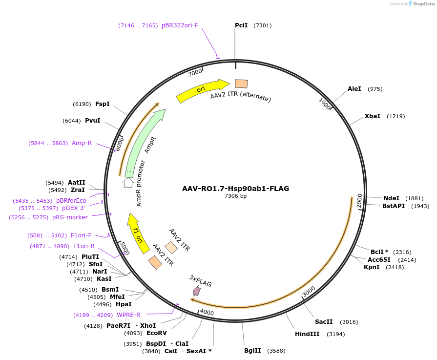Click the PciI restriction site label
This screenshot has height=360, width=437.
point(241,25)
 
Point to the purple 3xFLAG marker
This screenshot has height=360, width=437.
point(196,291)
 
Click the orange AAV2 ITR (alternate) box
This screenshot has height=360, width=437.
point(241,84)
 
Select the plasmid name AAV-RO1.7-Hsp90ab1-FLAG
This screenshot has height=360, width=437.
point(235,188)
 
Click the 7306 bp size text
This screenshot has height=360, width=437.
point(235,196)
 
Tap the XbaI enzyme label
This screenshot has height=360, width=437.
point(372,116)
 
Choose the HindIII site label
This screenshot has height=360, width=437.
point(307,334)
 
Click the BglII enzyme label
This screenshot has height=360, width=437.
point(252,350)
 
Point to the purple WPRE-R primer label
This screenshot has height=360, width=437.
point(128,315)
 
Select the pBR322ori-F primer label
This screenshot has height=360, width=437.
point(180,25)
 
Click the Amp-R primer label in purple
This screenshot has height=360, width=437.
point(82,143)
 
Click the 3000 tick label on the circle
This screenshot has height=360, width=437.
point(309,292)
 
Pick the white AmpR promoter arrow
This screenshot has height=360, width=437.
point(128,183)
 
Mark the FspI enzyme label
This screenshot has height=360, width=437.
point(102,104)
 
